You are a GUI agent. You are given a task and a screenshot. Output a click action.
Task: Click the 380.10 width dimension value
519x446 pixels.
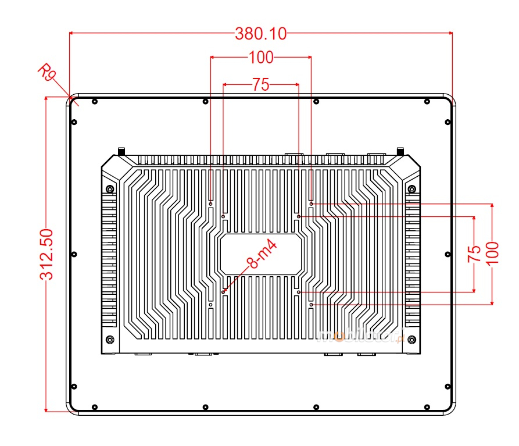(261, 34)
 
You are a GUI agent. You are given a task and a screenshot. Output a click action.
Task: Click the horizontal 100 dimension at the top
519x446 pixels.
(261, 57)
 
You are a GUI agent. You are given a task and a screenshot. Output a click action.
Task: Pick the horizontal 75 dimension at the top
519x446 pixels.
(261, 85)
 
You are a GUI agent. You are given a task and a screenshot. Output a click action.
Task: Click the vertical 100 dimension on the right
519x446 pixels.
(492, 253)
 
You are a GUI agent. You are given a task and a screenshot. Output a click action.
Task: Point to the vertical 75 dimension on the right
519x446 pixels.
(475, 254)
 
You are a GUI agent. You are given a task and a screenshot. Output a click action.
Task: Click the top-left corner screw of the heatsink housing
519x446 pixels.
(110, 188)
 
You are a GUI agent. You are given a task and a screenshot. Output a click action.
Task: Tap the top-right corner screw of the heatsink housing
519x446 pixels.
(412, 188)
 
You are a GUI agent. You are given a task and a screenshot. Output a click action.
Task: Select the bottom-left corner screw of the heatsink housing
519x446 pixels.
(110, 340)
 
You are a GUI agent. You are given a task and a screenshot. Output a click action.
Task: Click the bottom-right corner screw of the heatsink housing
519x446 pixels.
(412, 340)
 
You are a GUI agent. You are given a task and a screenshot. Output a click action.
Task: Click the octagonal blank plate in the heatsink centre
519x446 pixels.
(261, 254)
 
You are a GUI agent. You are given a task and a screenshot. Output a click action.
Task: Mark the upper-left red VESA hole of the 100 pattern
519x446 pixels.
(210, 204)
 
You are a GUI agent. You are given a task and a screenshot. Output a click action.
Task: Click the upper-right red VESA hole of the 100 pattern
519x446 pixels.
(312, 204)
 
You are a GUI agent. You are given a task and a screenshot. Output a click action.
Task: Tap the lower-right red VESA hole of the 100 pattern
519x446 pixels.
(312, 304)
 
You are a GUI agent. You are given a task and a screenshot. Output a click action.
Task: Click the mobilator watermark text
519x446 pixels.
(360, 334)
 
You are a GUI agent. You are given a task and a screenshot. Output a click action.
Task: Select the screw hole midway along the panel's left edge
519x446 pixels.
(74, 254)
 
